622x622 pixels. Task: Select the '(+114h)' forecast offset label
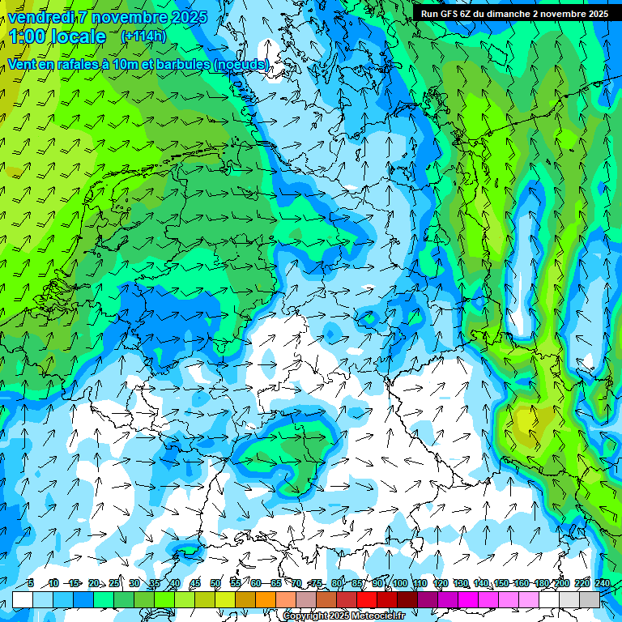143,36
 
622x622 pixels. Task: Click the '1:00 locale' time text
57,36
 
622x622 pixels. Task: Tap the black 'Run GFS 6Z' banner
514,13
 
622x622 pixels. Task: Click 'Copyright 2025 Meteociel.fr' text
343,616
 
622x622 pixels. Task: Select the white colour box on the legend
23,600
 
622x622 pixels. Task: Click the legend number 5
30,583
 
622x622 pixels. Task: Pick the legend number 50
215,583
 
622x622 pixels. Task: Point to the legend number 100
399,583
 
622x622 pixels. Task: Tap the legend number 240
602,583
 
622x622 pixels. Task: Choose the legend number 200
561,583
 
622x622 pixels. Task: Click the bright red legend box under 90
367,600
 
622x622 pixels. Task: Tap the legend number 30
134,583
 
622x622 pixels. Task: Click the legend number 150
501,583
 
